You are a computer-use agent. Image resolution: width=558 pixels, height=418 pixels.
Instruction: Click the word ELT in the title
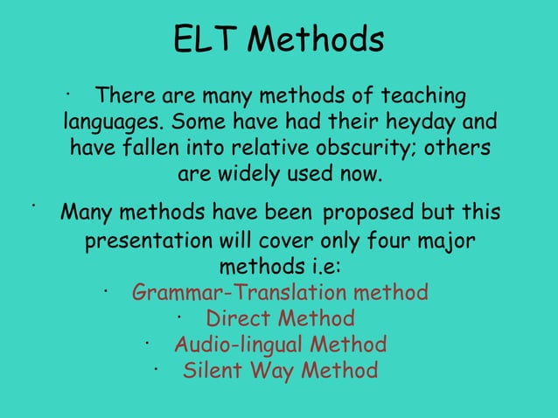click(x=205, y=40)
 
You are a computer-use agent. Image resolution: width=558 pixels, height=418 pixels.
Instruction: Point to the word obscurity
click(x=372, y=147)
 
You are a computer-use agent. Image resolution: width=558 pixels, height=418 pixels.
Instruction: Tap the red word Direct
click(x=235, y=317)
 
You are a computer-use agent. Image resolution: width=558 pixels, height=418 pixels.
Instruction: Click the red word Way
click(x=273, y=370)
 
